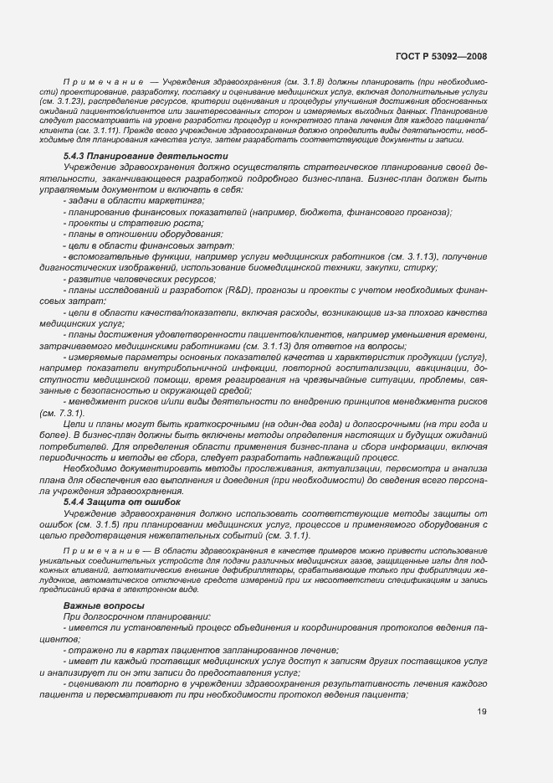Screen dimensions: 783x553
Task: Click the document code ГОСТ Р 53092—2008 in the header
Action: [441, 57]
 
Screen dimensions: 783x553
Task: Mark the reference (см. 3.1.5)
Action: [100, 523]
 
